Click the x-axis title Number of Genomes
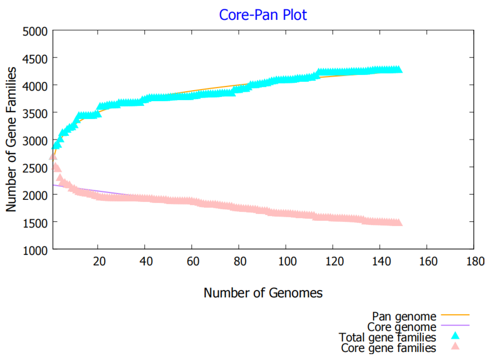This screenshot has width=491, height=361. click(263, 293)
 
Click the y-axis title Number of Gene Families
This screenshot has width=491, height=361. click(11, 139)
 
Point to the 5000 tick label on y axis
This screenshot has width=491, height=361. click(35, 32)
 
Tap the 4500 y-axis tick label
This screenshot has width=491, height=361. click(35, 59)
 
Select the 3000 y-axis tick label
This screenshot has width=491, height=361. click(35, 141)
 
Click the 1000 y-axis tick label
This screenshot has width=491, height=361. click(35, 251)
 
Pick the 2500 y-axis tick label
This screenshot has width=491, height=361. click(35, 169)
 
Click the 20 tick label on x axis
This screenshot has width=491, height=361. click(99, 261)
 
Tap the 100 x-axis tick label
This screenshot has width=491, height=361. click(287, 261)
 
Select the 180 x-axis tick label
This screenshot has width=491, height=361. click(475, 261)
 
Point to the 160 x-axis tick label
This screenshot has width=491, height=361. click(428, 261)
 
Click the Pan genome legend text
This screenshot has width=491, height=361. click(404, 316)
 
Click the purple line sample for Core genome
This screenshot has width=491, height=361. click(455, 325)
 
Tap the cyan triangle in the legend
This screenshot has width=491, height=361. click(455, 336)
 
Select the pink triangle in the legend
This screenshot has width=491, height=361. click(455, 346)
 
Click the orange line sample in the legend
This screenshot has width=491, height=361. click(455, 315)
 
